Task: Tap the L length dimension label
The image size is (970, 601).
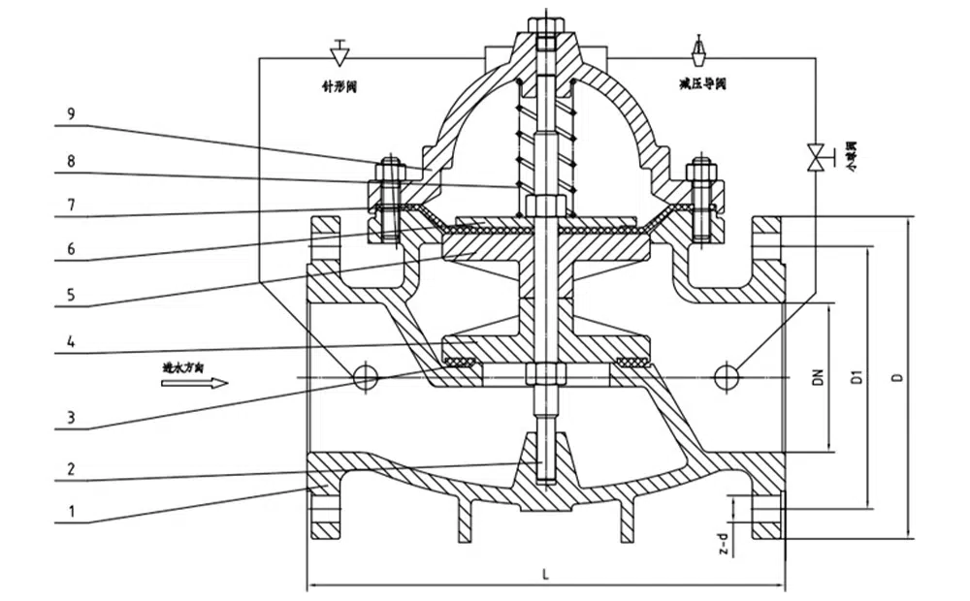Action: [x=546, y=575]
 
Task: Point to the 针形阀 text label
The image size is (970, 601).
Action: [x=340, y=85]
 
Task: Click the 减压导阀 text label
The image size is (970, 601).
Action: [x=703, y=85]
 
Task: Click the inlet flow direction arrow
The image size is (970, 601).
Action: [x=194, y=383]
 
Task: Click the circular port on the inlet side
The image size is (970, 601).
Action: [x=365, y=376]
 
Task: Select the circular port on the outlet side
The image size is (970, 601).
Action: [x=725, y=375]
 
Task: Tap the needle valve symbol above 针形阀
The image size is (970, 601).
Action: [x=340, y=49]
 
